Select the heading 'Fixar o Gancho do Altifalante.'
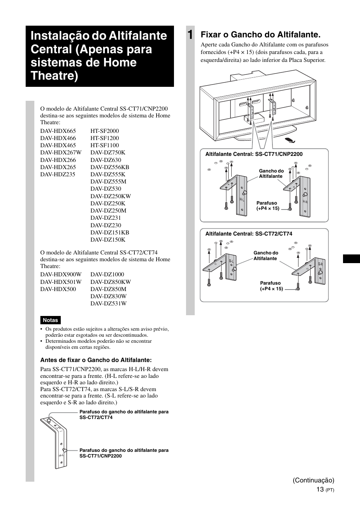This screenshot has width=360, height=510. (x=260, y=35)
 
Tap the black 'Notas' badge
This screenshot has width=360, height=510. (x=50, y=320)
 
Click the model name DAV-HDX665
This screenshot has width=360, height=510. (x=58, y=131)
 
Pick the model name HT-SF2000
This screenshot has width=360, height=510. (x=105, y=131)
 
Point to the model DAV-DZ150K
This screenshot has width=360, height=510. (x=108, y=240)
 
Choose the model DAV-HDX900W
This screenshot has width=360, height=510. (x=61, y=274)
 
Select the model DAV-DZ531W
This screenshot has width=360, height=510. (x=108, y=304)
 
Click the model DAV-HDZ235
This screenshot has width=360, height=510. (x=58, y=174)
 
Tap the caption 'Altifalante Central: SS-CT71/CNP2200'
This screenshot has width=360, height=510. (x=254, y=154)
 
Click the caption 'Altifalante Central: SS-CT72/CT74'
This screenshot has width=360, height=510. (x=249, y=234)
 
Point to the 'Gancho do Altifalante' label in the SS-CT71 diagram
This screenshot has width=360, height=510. (x=271, y=174)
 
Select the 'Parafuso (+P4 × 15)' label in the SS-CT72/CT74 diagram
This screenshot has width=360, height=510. (x=271, y=286)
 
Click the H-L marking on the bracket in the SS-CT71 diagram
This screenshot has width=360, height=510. (x=242, y=199)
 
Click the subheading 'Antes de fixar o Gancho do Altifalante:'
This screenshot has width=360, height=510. (x=96, y=360)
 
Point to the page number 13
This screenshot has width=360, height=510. (x=320, y=489)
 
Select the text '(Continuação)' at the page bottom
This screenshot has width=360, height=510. (x=314, y=480)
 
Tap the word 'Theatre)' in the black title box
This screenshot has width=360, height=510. (x=54, y=75)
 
